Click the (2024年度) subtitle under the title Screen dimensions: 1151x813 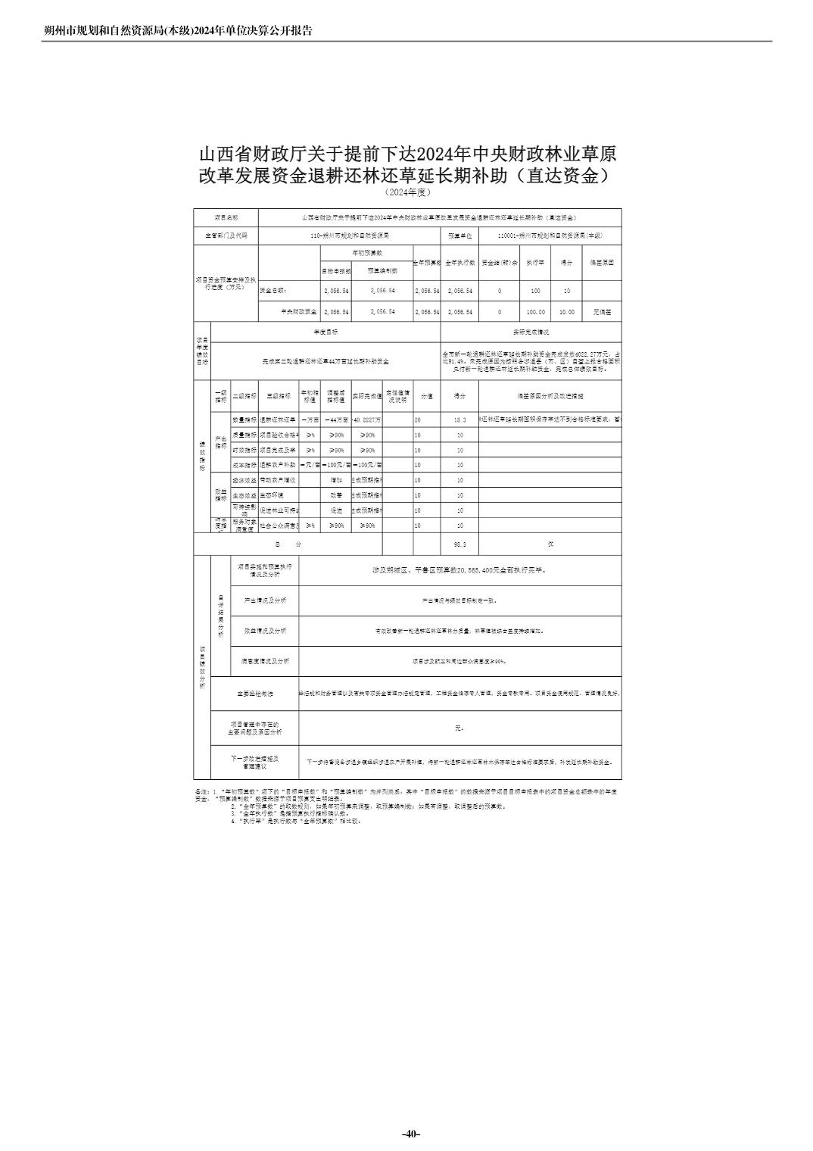(407, 192)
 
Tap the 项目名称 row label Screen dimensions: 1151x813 (226, 217)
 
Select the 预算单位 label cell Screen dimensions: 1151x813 (459, 236)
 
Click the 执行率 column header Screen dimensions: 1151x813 (535, 262)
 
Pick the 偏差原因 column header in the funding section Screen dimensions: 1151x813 (602, 262)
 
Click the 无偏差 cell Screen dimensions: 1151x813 (602, 311)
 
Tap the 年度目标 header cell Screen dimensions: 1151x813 (326, 332)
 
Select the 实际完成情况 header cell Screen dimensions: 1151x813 (531, 332)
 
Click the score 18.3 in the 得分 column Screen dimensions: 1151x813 (459, 420)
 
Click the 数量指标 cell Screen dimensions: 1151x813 (244, 420)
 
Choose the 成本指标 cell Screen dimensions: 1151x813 (244, 465)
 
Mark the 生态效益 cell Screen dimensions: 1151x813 (244, 495)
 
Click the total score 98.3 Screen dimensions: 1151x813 (459, 544)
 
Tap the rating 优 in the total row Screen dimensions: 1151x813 (550, 544)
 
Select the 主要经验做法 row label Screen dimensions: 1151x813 (254, 694)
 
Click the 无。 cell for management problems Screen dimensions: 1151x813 (459, 728)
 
